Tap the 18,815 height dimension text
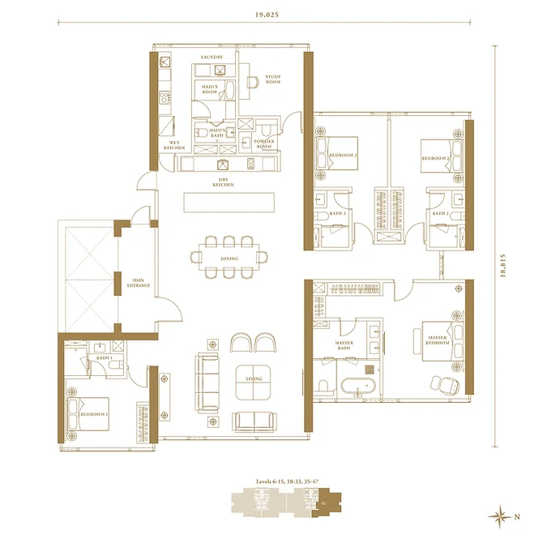pyautogui.click(x=503, y=264)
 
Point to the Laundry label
pyautogui.click(x=212, y=57)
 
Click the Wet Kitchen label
pyautogui.click(x=174, y=145)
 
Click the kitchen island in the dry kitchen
pyautogui.click(x=229, y=201)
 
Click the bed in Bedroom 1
pyautogui.click(x=90, y=413)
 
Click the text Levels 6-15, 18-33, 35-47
pyautogui.click(x=289, y=482)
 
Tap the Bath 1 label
pyautogui.click(x=103, y=357)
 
